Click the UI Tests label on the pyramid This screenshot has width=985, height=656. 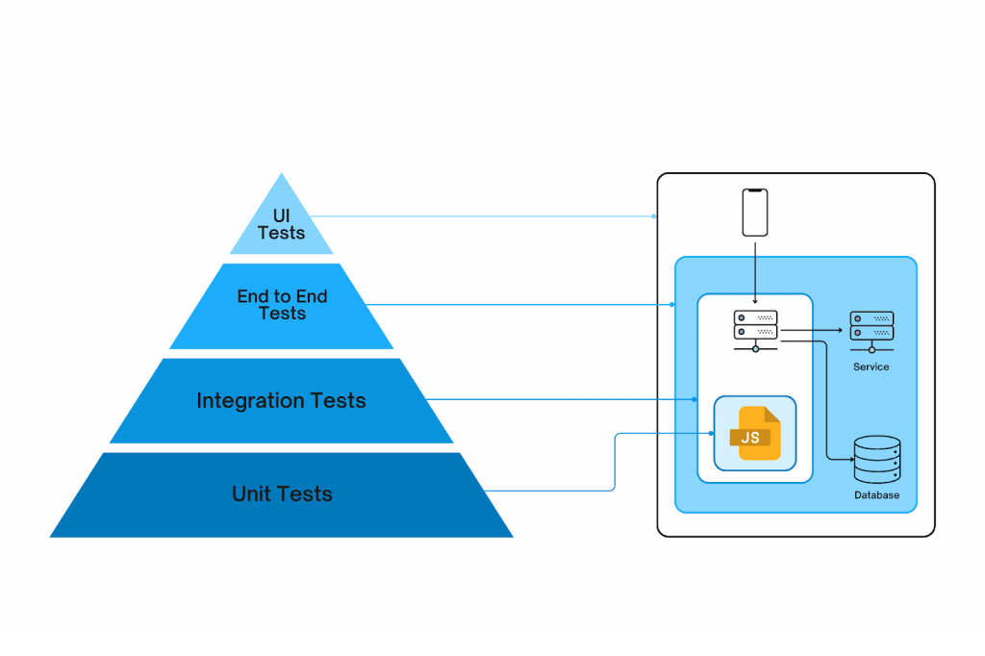pos(281,224)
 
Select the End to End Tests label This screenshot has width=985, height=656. pos(282,305)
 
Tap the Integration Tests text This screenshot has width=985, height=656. pos(281,400)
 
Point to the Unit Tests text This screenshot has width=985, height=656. pos(282,494)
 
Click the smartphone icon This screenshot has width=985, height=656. pos(755,213)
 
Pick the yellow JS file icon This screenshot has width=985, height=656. pos(755,434)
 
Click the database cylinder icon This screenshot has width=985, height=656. pos(877,460)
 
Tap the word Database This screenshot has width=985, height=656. pos(876,495)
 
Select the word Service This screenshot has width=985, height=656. pos(871,366)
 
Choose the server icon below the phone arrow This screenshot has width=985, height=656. pos(755,325)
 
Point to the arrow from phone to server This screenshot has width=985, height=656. pos(755,269)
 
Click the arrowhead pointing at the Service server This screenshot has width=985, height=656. pos(840,331)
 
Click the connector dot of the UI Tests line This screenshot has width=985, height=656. pos(656,215)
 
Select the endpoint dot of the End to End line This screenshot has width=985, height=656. pos(672,305)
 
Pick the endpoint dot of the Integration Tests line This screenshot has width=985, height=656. pos(695,398)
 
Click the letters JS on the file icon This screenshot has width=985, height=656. pos(750,438)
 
